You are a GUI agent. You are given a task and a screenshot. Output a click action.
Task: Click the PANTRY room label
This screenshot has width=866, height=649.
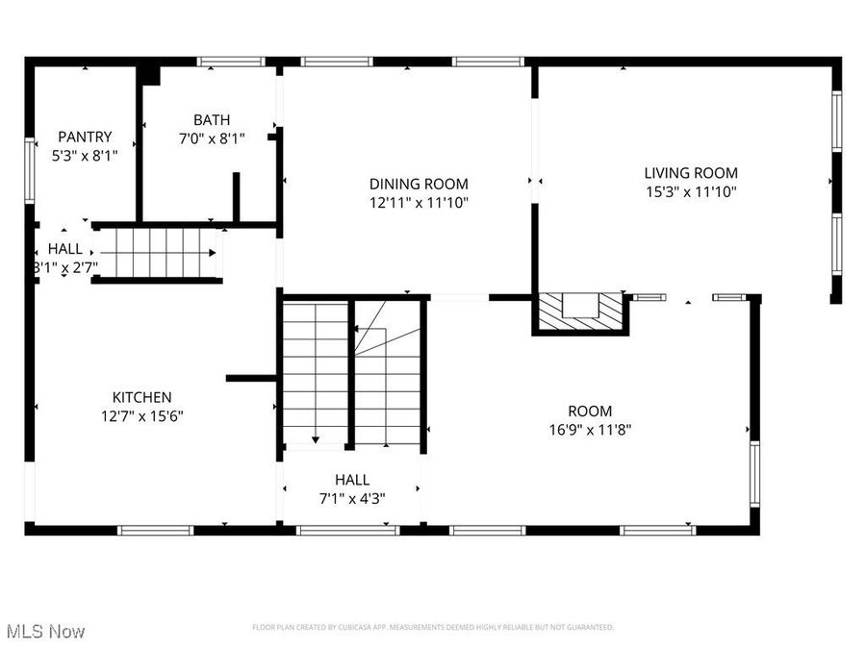click(x=85, y=137)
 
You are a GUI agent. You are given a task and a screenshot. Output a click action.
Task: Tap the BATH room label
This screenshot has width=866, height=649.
click(x=212, y=120)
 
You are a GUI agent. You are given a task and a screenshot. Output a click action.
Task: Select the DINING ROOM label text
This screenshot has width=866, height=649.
click(x=419, y=184)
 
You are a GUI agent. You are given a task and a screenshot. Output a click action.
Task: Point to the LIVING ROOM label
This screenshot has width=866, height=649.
click(x=691, y=173)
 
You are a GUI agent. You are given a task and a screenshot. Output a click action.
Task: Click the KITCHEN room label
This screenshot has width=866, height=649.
click(x=142, y=397)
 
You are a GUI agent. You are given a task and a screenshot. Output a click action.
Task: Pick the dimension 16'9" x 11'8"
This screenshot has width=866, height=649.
click(x=589, y=430)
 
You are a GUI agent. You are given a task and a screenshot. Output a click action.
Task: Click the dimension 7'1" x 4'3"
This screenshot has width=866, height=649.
click(x=352, y=498)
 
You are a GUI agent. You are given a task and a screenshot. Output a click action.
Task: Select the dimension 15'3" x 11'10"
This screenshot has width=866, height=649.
click(x=691, y=191)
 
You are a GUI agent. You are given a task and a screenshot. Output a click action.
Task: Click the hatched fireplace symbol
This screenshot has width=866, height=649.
click(x=580, y=309)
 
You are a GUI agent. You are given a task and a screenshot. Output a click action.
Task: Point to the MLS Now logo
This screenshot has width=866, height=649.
click(x=45, y=632)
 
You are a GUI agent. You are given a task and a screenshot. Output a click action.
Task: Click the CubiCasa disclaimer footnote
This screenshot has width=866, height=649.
click(x=432, y=628)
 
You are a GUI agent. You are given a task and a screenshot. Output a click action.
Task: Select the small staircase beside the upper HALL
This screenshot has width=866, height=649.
click(x=159, y=253)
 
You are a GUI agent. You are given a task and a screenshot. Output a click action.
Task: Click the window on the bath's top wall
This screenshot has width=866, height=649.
click(x=231, y=62)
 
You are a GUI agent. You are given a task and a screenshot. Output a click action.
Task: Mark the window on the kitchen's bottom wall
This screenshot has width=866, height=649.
click(x=155, y=530)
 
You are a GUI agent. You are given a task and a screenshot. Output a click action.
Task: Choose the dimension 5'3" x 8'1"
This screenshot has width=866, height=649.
click(x=85, y=154)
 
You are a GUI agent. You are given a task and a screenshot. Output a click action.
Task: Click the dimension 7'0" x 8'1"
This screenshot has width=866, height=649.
click(x=212, y=138)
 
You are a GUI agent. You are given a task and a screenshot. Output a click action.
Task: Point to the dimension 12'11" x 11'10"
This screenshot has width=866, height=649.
click(x=419, y=202)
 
